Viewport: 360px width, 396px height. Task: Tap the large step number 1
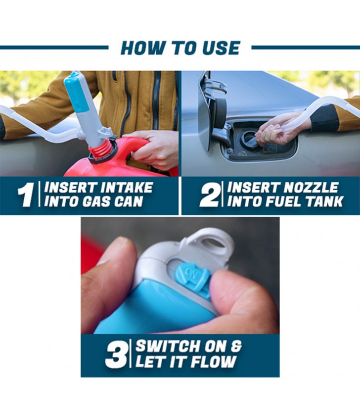coord(26,195)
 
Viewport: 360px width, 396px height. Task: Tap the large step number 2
coord(209,195)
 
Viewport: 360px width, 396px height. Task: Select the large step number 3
coord(116,354)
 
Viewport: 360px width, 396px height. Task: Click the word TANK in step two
coord(325,201)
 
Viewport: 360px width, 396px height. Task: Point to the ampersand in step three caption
coord(236,346)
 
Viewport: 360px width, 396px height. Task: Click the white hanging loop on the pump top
coord(212,240)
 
